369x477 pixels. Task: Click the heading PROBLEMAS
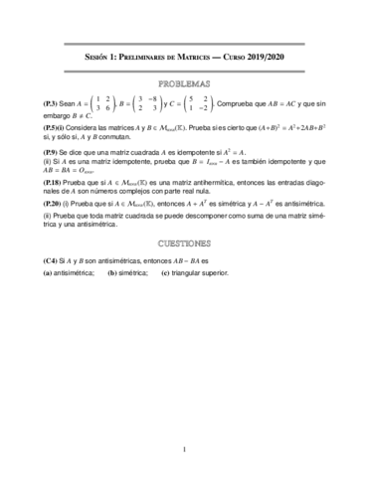point(184,83)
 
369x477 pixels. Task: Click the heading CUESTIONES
point(184,242)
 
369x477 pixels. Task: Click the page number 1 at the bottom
point(184,451)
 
